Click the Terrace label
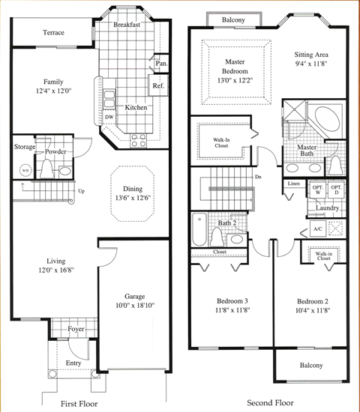pos(53,33)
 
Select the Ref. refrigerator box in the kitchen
pos(159,85)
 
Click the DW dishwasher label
pos(109,117)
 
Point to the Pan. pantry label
pos(161,64)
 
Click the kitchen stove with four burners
pos(139,139)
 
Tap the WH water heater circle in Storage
pos(25,170)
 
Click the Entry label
pos(73,363)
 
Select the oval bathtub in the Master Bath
pos(325,120)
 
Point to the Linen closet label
pos(294,184)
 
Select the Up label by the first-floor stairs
pos(82,191)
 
